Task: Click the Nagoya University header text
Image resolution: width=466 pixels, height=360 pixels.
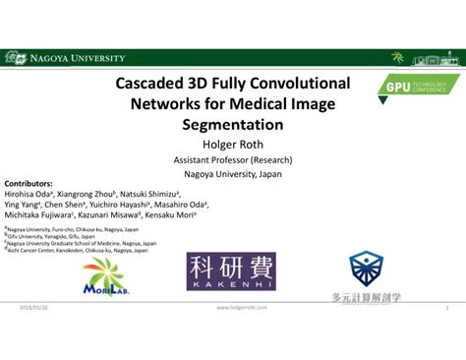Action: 77,57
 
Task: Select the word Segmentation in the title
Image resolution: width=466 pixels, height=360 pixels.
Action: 233,125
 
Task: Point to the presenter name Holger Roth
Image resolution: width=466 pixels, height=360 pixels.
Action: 233,144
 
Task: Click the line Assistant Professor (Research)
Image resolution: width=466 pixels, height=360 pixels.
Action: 233,158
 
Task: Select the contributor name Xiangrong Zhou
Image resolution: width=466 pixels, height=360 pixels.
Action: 88,194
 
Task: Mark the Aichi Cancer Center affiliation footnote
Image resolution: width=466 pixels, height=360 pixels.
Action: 74,250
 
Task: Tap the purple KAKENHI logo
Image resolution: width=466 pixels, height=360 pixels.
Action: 231,270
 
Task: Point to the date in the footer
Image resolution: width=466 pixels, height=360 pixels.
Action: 31,308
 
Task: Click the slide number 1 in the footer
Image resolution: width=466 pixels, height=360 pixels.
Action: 447,308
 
